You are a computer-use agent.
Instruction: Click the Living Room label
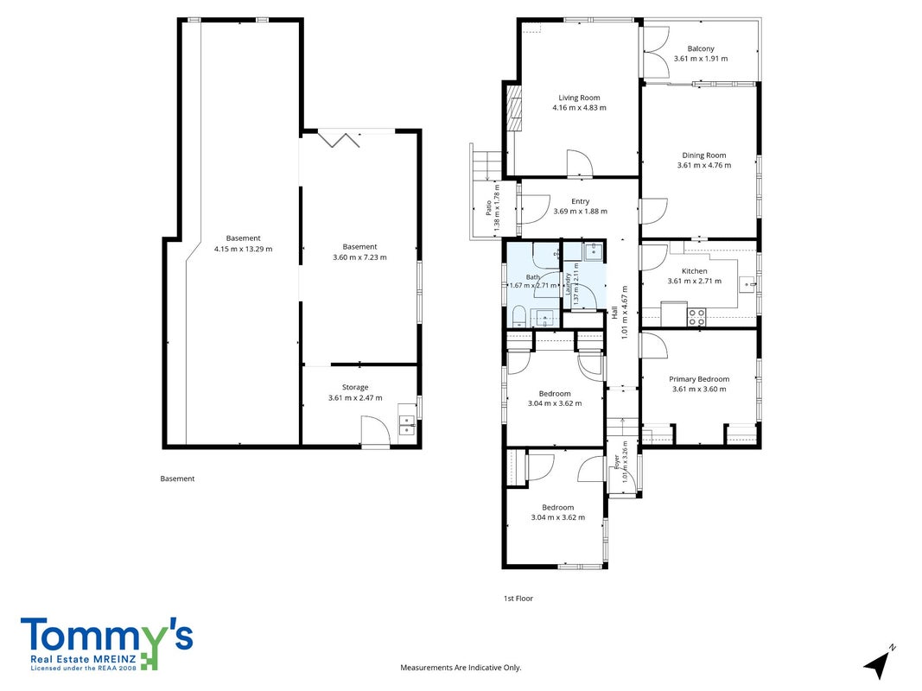click(x=579, y=98)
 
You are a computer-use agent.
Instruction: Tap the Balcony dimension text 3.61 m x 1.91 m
click(x=700, y=59)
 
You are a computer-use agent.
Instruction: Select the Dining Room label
click(x=704, y=155)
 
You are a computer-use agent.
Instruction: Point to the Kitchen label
click(x=695, y=271)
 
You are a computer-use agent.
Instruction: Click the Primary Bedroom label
click(x=699, y=379)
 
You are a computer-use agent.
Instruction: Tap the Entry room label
click(x=581, y=201)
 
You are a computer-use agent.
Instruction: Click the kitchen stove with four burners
click(x=696, y=317)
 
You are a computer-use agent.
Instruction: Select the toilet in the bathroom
click(x=518, y=317)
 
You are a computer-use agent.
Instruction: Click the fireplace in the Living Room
click(x=514, y=109)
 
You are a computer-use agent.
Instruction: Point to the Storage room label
click(x=355, y=387)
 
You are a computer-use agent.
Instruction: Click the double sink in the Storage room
click(x=406, y=425)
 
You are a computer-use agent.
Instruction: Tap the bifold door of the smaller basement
click(x=339, y=139)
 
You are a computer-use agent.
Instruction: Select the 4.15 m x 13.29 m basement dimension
click(x=244, y=249)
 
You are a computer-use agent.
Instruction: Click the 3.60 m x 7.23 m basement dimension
click(x=359, y=257)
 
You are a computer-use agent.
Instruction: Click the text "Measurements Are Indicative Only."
click(x=461, y=668)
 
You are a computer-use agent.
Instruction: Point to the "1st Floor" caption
click(x=518, y=599)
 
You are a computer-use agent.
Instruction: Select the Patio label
click(x=488, y=208)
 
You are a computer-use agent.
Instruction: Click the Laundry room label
click(x=568, y=284)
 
